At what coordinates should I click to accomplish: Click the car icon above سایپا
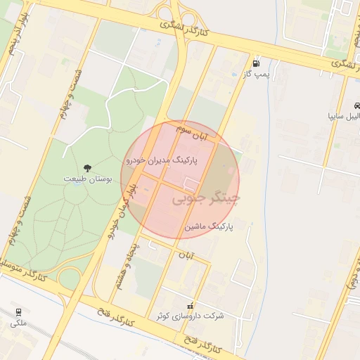pyautogui.click(x=357, y=106)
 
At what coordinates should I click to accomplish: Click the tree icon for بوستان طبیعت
pyautogui.click(x=87, y=167)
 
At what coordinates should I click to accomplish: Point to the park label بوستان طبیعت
pyautogui.click(x=88, y=179)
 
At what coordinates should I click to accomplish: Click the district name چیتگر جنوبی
pyautogui.click(x=206, y=200)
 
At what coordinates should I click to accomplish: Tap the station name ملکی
pyautogui.click(x=18, y=323)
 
